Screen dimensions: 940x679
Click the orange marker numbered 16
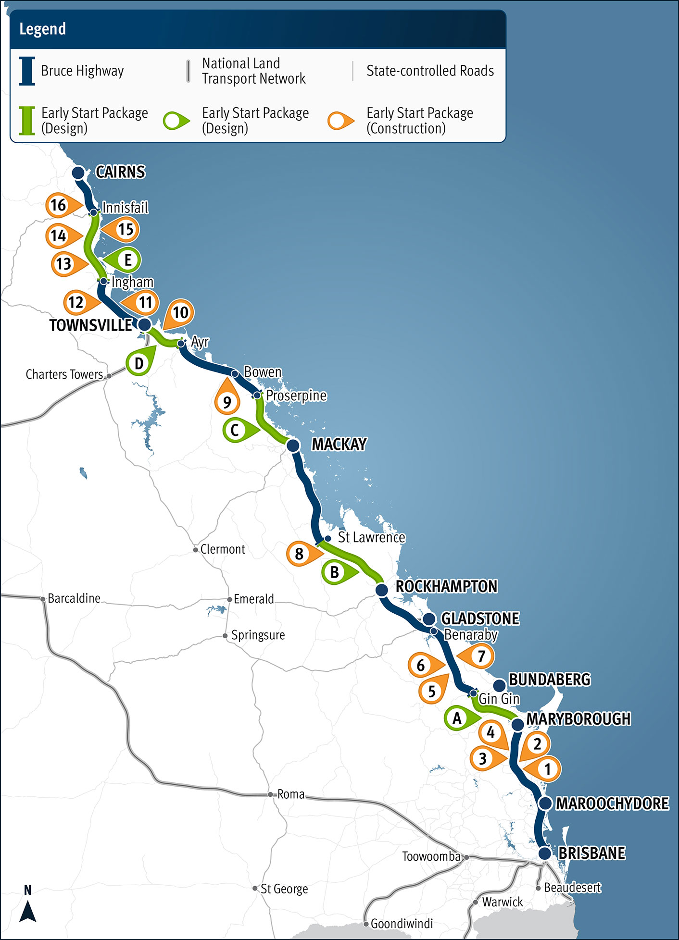pyautogui.click(x=59, y=205)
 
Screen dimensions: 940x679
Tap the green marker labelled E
pyautogui.click(x=127, y=260)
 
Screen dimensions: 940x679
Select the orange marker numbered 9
pyautogui.click(x=227, y=401)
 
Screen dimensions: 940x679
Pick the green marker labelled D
pyautogui.click(x=139, y=363)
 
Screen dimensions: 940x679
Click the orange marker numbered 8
pyautogui.click(x=300, y=554)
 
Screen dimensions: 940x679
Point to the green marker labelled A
pyautogui.click(x=457, y=718)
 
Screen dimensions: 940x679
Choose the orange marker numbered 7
pyautogui.click(x=480, y=656)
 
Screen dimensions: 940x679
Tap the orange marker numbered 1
pyautogui.click(x=547, y=769)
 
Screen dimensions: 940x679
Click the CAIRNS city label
pyautogui.click(x=120, y=172)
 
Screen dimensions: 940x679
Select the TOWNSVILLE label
pyautogui.click(x=90, y=325)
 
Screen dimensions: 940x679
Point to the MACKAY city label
pyautogui.click(x=339, y=444)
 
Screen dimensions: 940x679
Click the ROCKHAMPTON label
pyautogui.click(x=446, y=586)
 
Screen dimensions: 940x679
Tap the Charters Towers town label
pyautogui.click(x=64, y=374)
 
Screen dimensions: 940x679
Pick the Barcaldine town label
pyautogui.click(x=74, y=598)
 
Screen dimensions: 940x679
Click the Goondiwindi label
pyautogui.click(x=402, y=923)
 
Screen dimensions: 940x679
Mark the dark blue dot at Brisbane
pyautogui.click(x=544, y=853)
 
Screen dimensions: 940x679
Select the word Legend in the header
pyautogui.click(x=42, y=29)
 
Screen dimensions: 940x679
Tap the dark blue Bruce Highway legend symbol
pyautogui.click(x=27, y=71)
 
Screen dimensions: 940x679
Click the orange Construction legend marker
pyautogui.click(x=340, y=121)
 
